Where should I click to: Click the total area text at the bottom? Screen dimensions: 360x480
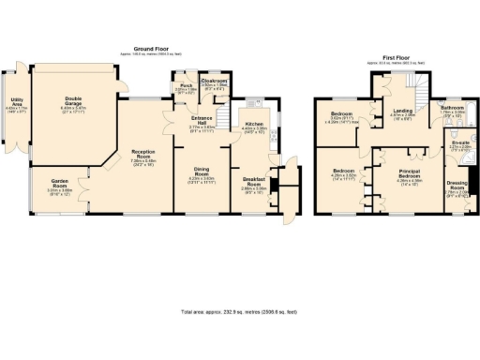pos(239,310)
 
